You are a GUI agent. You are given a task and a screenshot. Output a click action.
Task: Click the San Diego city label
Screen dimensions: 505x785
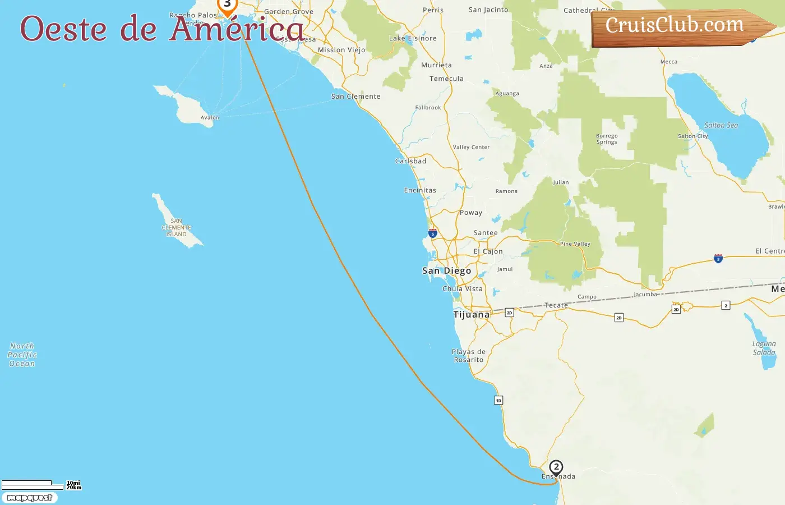(x=446, y=271)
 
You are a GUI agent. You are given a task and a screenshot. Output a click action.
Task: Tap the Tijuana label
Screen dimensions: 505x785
(x=471, y=315)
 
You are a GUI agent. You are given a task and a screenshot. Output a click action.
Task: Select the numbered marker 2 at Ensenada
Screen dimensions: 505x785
(x=556, y=467)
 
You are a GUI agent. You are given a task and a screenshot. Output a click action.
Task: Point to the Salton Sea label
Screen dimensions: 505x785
(x=721, y=126)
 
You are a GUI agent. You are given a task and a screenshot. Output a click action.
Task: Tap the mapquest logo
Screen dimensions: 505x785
(x=30, y=498)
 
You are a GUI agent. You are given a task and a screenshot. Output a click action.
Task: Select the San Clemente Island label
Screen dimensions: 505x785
(x=177, y=228)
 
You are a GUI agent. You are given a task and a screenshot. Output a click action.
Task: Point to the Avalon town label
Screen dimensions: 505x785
(x=210, y=118)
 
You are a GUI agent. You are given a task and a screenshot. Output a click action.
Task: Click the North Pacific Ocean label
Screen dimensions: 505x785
(x=22, y=355)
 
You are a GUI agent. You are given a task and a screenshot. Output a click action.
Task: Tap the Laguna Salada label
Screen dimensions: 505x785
(x=764, y=348)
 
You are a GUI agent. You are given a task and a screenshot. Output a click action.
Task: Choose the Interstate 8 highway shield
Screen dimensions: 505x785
(x=718, y=259)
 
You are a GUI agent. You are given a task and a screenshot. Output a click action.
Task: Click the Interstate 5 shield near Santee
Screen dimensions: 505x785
(x=432, y=233)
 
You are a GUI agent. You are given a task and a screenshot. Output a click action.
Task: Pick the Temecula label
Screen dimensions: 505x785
(x=446, y=79)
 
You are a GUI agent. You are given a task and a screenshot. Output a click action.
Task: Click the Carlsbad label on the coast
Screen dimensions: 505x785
(x=410, y=161)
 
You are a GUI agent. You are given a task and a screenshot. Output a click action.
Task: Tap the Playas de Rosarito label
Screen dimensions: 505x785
(x=469, y=356)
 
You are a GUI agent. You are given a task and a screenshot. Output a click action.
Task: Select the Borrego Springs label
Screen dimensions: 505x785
(x=607, y=139)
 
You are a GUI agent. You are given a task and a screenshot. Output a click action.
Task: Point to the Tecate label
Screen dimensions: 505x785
(x=556, y=306)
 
